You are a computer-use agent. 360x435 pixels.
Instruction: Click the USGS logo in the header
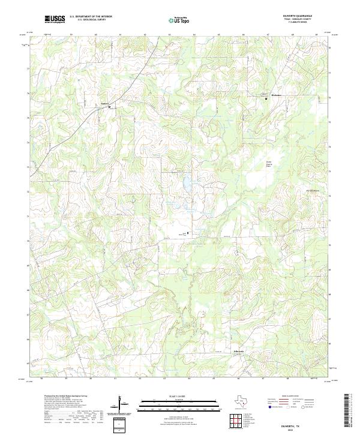coord(55,20)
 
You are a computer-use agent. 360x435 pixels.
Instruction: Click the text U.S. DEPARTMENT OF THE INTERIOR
coord(91,17)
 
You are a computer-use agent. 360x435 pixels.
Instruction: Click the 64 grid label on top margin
coord(194,35)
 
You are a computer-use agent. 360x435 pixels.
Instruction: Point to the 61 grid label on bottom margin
coord(115,379)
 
